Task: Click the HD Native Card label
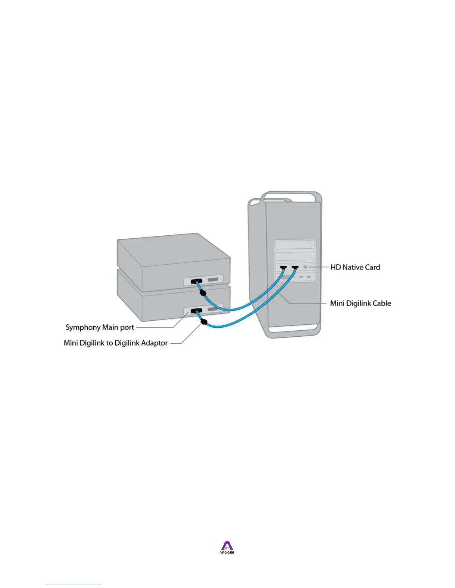point(355,267)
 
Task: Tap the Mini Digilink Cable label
point(361,303)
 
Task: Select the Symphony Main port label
point(100,327)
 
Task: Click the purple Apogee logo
point(227,546)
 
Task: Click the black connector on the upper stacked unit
point(197,281)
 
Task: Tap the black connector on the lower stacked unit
point(196,311)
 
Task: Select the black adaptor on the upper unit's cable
point(203,293)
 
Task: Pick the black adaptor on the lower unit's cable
point(203,322)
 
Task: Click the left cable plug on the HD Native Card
point(284,267)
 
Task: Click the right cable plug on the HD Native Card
point(295,267)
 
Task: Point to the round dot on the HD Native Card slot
point(306,267)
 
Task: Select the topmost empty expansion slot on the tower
point(295,244)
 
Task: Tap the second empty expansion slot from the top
point(295,256)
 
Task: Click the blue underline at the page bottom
point(74,585)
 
